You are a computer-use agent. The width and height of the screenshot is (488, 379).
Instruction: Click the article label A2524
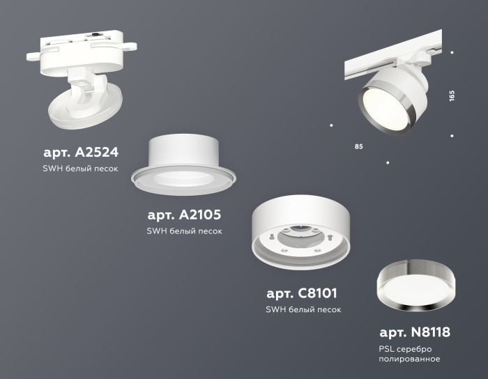coord(80,152)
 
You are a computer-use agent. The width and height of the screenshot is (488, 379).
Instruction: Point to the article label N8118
coord(415,332)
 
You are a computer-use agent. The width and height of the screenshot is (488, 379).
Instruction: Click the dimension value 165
coord(452,95)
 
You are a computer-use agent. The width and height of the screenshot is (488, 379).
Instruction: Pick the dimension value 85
coord(358,147)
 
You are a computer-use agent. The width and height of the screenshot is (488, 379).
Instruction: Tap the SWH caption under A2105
coord(185,231)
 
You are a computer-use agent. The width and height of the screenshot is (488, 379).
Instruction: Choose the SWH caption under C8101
coord(303,310)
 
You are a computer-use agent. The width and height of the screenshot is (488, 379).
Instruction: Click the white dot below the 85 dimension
coord(388,162)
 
